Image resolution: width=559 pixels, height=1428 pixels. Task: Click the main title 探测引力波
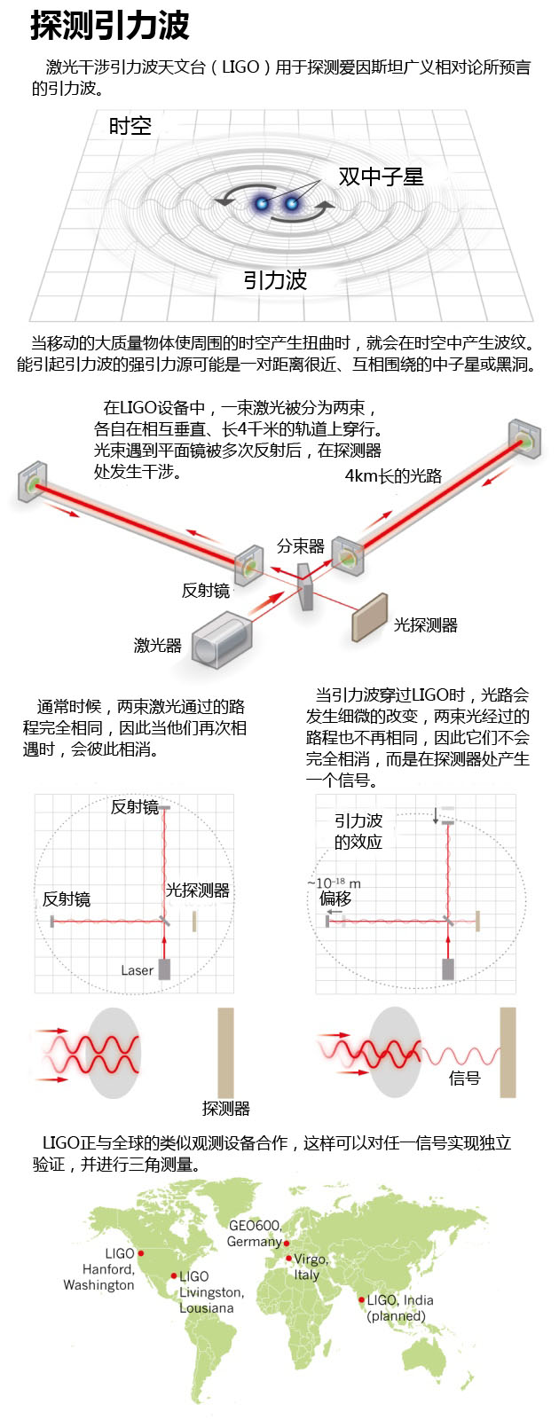point(110,26)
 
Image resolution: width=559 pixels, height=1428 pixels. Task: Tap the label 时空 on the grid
point(130,126)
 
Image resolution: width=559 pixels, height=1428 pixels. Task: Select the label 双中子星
point(381,177)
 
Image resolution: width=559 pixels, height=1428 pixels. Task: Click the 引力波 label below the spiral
point(275,280)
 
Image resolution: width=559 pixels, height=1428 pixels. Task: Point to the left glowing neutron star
point(263,204)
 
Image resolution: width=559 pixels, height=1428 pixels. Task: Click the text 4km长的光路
point(392,476)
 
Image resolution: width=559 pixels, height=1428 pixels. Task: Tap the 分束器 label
point(300,546)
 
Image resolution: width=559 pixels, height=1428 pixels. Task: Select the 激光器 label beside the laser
point(157,645)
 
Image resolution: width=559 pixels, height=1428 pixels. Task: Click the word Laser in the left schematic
point(137,970)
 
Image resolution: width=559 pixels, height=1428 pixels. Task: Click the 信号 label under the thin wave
point(464,1079)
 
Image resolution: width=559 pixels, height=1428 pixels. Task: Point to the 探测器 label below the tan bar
point(225,1108)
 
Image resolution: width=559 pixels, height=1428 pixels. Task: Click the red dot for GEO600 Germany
point(286,1242)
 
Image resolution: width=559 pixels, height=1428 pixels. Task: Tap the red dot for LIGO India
point(361,1300)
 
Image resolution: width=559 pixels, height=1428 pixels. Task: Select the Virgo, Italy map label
point(311,1267)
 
